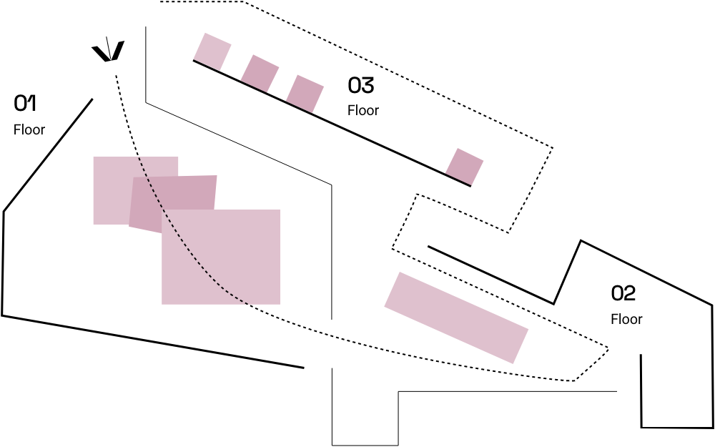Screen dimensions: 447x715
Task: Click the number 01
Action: (26, 104)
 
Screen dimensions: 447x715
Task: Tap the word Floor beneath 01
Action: (29, 130)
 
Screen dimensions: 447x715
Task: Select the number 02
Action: (623, 293)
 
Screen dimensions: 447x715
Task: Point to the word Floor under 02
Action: (626, 319)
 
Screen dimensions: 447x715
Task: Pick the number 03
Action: (361, 86)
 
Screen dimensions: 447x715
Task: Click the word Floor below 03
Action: (363, 111)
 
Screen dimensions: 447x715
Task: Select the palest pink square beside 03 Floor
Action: (213, 51)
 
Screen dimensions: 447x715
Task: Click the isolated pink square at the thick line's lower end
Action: (465, 166)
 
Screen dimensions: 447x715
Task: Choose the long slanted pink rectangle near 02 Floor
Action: (456, 317)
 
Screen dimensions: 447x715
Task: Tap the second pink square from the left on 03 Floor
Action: (260, 73)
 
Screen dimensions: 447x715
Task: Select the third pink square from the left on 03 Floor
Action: (305, 94)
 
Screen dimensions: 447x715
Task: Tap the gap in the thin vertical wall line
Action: (332, 343)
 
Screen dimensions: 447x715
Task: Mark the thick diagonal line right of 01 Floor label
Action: (50, 153)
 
